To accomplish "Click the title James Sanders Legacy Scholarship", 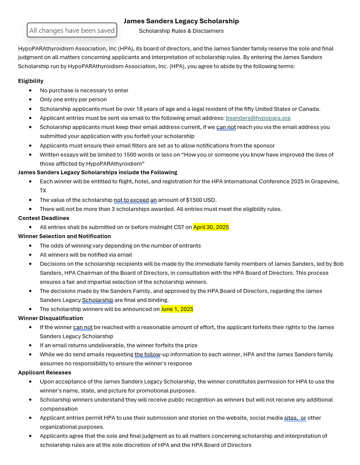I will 181,21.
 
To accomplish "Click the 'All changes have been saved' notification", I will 72,31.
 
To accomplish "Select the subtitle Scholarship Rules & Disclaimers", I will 181,31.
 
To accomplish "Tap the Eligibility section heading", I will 31,81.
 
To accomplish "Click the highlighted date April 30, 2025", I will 211,227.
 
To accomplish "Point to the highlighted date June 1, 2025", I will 177,309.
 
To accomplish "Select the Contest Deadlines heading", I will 44,218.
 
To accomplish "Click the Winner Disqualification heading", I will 50,318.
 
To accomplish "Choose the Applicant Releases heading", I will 44,373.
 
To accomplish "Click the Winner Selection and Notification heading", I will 64,236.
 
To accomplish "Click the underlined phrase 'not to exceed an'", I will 135,200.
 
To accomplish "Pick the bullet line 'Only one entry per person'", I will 73,100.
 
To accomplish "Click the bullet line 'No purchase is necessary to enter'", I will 84,91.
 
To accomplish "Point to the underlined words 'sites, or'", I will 295,418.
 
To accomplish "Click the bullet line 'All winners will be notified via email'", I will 86,255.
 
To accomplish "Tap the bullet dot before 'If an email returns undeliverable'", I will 30,346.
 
